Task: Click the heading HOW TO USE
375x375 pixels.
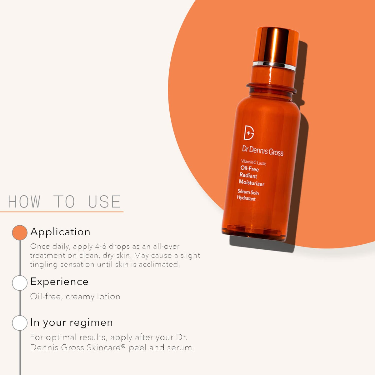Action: pos(64,202)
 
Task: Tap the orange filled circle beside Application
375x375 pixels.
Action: pos(20,232)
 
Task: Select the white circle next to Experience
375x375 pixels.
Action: pos(20,283)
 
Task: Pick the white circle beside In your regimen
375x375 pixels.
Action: pos(20,323)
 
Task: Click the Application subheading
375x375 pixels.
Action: pos(60,232)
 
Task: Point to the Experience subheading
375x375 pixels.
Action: pos(59,282)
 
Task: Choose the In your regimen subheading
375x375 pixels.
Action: pos(72,322)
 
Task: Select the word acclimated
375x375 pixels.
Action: pos(159,264)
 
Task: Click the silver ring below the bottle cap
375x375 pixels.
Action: pos(274,65)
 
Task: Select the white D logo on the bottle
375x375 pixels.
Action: pos(249,133)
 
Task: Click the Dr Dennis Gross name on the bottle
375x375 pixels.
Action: pos(263,151)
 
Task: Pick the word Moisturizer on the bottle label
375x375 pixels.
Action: pos(252,183)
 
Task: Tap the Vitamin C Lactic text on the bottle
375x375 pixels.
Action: pos(253,162)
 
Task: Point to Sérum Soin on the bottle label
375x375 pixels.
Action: pos(248,192)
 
